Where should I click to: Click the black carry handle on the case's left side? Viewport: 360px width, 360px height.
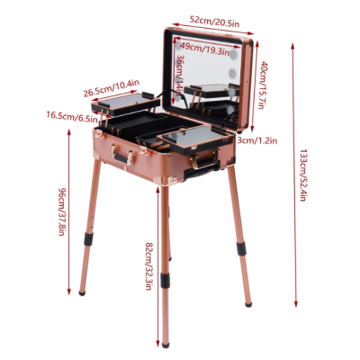(x=119, y=158)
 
